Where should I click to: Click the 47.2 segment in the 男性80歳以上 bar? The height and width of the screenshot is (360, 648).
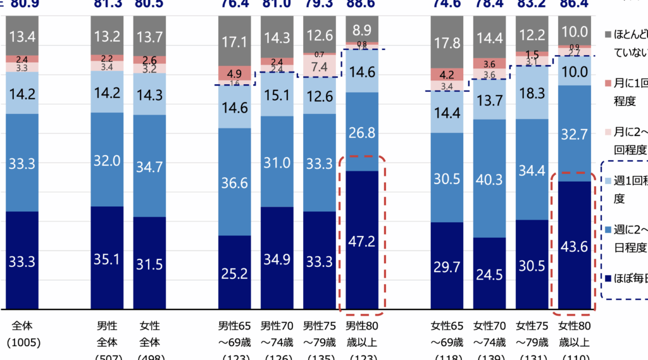[362, 240]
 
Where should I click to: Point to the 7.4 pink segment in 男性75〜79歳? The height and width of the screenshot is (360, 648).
[320, 66]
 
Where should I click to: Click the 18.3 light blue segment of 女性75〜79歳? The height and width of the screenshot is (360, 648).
[532, 92]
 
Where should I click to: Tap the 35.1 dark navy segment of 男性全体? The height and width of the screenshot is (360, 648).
[107, 258]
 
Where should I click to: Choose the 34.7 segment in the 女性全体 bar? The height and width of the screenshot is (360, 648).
[149, 166]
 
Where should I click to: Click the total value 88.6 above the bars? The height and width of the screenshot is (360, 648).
[362, 4]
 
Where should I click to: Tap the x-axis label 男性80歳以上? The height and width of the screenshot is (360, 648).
[362, 335]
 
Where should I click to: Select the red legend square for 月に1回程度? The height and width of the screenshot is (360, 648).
[608, 84]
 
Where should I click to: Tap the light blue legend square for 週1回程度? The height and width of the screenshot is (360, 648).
[608, 181]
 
